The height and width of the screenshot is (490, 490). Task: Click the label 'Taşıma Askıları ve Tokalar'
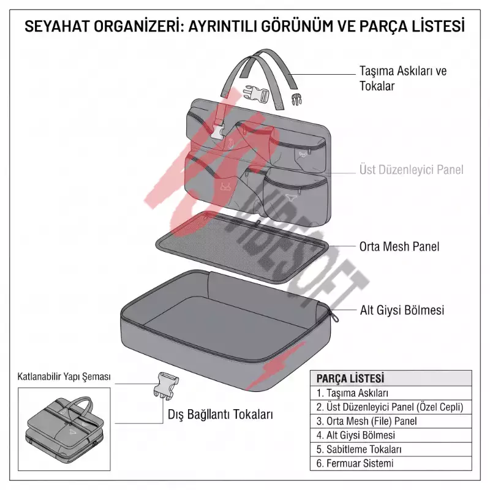(x=403, y=78)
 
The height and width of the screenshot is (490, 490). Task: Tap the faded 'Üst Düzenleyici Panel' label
(x=411, y=170)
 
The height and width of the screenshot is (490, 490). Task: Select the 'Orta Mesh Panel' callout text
(x=399, y=247)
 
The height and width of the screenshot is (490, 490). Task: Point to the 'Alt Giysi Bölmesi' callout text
(x=402, y=310)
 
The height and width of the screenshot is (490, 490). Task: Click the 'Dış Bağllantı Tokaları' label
(x=221, y=415)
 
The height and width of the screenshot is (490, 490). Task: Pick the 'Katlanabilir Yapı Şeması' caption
(x=64, y=377)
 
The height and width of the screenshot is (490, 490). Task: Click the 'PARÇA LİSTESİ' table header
(x=350, y=379)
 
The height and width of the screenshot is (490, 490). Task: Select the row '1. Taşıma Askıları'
(x=352, y=393)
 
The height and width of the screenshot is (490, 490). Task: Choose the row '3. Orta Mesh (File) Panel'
(x=366, y=421)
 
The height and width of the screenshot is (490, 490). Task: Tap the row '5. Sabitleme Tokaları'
(x=359, y=450)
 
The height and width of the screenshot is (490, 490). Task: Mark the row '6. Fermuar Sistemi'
(x=355, y=463)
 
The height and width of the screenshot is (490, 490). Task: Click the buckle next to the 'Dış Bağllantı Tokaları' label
(x=165, y=385)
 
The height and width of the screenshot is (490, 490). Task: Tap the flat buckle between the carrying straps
(x=256, y=94)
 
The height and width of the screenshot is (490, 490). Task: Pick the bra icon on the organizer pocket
(x=225, y=186)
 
